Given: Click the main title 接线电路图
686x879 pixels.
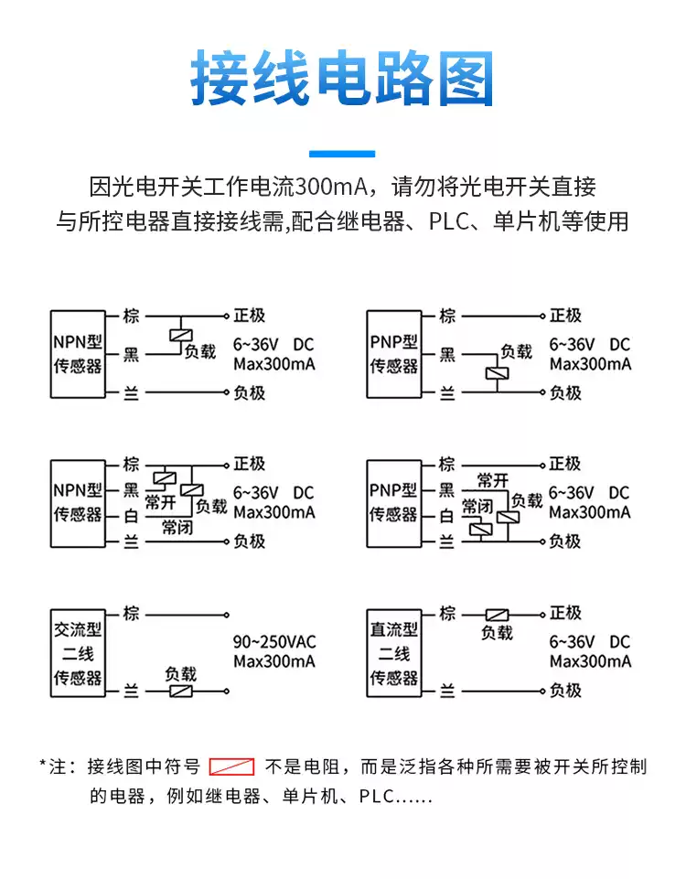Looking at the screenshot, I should [x=342, y=78].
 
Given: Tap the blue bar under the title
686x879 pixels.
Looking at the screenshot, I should [x=342, y=154].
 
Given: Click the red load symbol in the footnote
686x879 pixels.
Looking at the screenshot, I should [x=231, y=766].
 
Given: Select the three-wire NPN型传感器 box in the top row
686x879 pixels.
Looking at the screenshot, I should [x=77, y=354].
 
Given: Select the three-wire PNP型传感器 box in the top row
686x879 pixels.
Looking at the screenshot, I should [x=394, y=354].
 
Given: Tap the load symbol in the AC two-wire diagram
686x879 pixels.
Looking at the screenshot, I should [x=180, y=692].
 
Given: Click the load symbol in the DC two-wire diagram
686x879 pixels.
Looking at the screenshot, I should [x=497, y=615].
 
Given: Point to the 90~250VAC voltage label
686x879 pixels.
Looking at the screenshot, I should [x=274, y=641].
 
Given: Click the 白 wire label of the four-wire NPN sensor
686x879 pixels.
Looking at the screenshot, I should [x=132, y=517].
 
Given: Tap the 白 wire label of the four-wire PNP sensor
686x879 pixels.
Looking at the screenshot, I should [x=447, y=517].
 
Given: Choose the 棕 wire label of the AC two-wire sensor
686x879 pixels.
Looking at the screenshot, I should [x=132, y=614].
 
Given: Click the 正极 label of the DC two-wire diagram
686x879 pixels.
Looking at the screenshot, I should [x=565, y=614].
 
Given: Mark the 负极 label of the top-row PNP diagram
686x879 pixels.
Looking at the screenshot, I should [x=565, y=393].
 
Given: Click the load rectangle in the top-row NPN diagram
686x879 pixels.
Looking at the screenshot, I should [x=179, y=334].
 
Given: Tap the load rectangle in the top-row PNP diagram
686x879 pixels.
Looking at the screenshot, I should [x=497, y=373].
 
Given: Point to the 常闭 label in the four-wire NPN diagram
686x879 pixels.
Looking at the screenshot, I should [x=177, y=528].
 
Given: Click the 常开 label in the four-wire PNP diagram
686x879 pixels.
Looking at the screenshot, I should [x=493, y=480].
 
